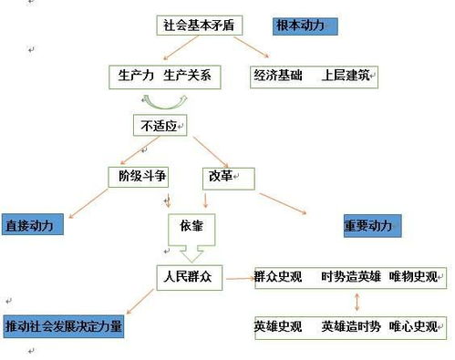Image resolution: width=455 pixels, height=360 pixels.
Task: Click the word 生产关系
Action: coord(186,76)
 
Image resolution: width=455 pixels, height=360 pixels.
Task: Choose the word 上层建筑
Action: coord(346,76)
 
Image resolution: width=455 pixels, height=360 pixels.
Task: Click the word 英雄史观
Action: coord(279,325)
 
